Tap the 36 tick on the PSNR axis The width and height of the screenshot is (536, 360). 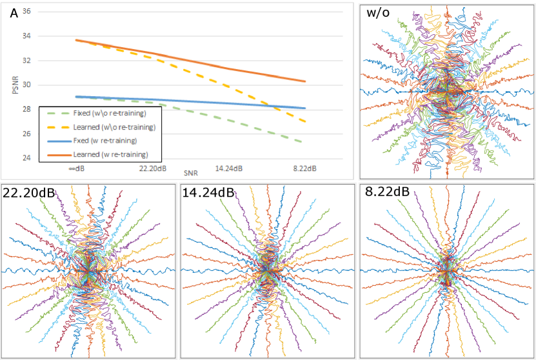(x=26, y=11)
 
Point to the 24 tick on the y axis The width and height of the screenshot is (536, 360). (x=26, y=158)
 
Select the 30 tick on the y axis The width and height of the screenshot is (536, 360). (x=26, y=85)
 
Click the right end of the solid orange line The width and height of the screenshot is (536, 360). (x=305, y=81)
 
